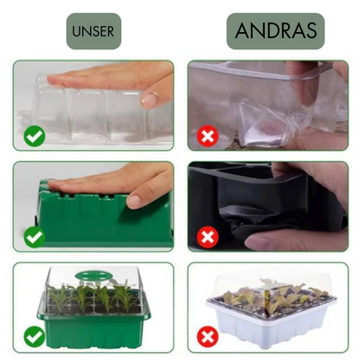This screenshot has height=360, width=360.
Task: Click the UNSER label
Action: [93, 31]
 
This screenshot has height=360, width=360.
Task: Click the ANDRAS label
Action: [275, 30]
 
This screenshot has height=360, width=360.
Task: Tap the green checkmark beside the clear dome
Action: [35, 136]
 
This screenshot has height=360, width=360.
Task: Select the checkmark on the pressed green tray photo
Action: [35, 237]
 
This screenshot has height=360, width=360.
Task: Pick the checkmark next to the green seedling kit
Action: [35, 337]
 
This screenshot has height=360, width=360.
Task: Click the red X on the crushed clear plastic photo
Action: [208, 136]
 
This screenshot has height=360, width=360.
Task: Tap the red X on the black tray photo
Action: [208, 237]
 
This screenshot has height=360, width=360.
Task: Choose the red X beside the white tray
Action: [208, 337]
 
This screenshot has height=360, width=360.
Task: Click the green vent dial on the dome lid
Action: [93, 275]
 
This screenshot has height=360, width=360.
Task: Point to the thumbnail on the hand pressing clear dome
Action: [149, 99]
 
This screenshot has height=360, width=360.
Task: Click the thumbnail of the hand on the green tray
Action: [134, 201]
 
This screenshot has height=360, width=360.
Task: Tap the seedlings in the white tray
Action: [271, 296]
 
